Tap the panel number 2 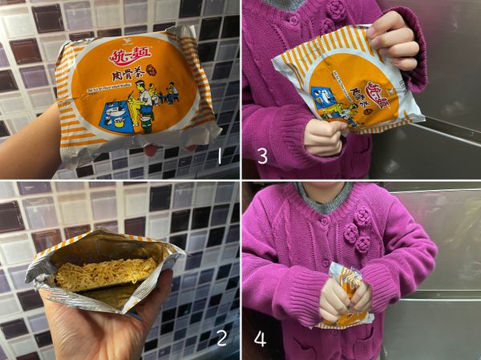(221, 337)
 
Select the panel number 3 (262, 155)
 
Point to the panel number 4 (260, 338)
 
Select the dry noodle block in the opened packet (104, 273)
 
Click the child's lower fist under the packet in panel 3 (325, 136)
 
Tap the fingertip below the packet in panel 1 (150, 150)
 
